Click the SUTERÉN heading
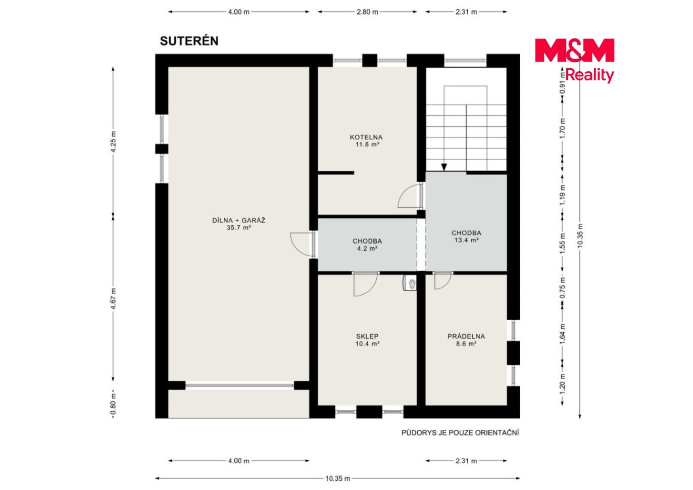click(189, 41)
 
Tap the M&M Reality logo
click(574, 60)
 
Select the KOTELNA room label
click(366, 137)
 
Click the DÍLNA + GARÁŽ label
click(238, 221)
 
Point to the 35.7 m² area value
click(238, 228)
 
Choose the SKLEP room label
click(367, 336)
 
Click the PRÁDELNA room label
click(466, 336)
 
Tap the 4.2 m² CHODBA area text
click(367, 249)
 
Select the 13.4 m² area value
click(467, 240)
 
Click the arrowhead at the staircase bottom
click(444, 167)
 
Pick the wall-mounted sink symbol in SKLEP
click(410, 283)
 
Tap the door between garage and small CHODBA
click(302, 244)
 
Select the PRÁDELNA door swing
click(442, 281)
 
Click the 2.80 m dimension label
click(367, 12)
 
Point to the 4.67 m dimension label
click(114, 299)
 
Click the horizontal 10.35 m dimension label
click(338, 478)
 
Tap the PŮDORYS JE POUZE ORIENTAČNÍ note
click(460, 433)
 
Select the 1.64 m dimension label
click(563, 333)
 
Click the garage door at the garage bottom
click(239, 385)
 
